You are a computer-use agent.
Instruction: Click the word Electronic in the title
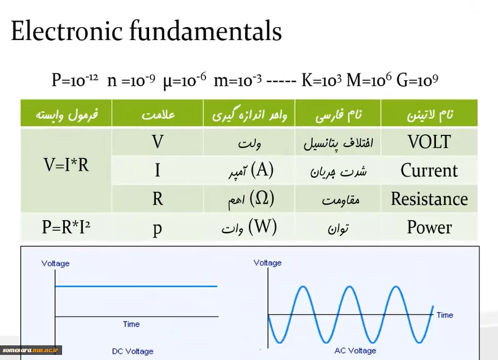click(x=67, y=31)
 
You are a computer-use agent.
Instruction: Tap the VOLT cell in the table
click(x=429, y=142)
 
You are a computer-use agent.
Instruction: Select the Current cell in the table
click(x=429, y=170)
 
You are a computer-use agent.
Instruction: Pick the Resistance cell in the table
click(x=429, y=199)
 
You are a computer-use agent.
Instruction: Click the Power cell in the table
click(x=429, y=227)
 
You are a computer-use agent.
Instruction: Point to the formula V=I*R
click(x=66, y=165)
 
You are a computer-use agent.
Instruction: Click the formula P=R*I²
click(x=66, y=227)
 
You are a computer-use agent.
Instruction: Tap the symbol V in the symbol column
click(x=158, y=142)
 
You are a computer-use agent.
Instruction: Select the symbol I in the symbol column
click(x=158, y=170)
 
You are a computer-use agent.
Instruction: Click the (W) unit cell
click(x=250, y=227)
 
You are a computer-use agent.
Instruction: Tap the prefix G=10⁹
click(x=417, y=80)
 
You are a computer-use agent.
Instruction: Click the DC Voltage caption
click(x=133, y=351)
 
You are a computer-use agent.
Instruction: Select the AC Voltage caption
click(x=355, y=350)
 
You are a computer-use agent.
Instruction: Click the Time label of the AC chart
click(x=445, y=315)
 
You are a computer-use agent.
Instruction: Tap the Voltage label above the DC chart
click(x=55, y=264)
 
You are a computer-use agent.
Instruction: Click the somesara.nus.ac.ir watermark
click(x=30, y=350)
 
